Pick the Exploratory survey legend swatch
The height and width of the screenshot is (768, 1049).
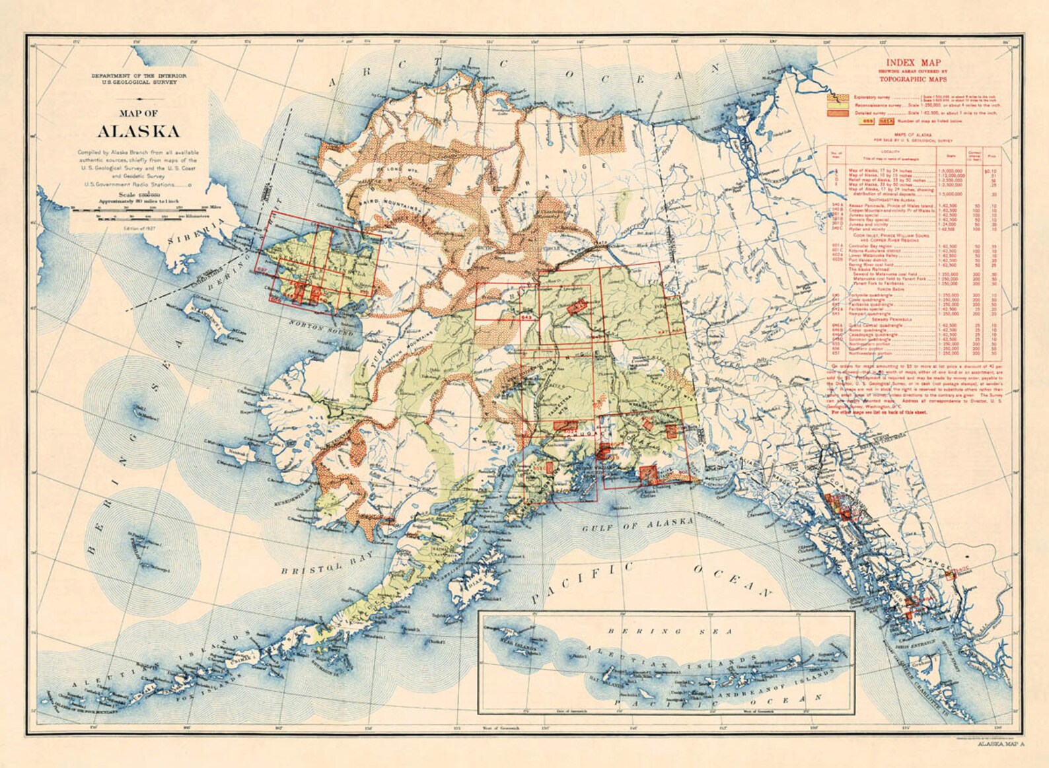[x=837, y=96]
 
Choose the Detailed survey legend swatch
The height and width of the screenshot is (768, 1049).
[x=837, y=113]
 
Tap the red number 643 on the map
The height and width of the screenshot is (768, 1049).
[x=526, y=318]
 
